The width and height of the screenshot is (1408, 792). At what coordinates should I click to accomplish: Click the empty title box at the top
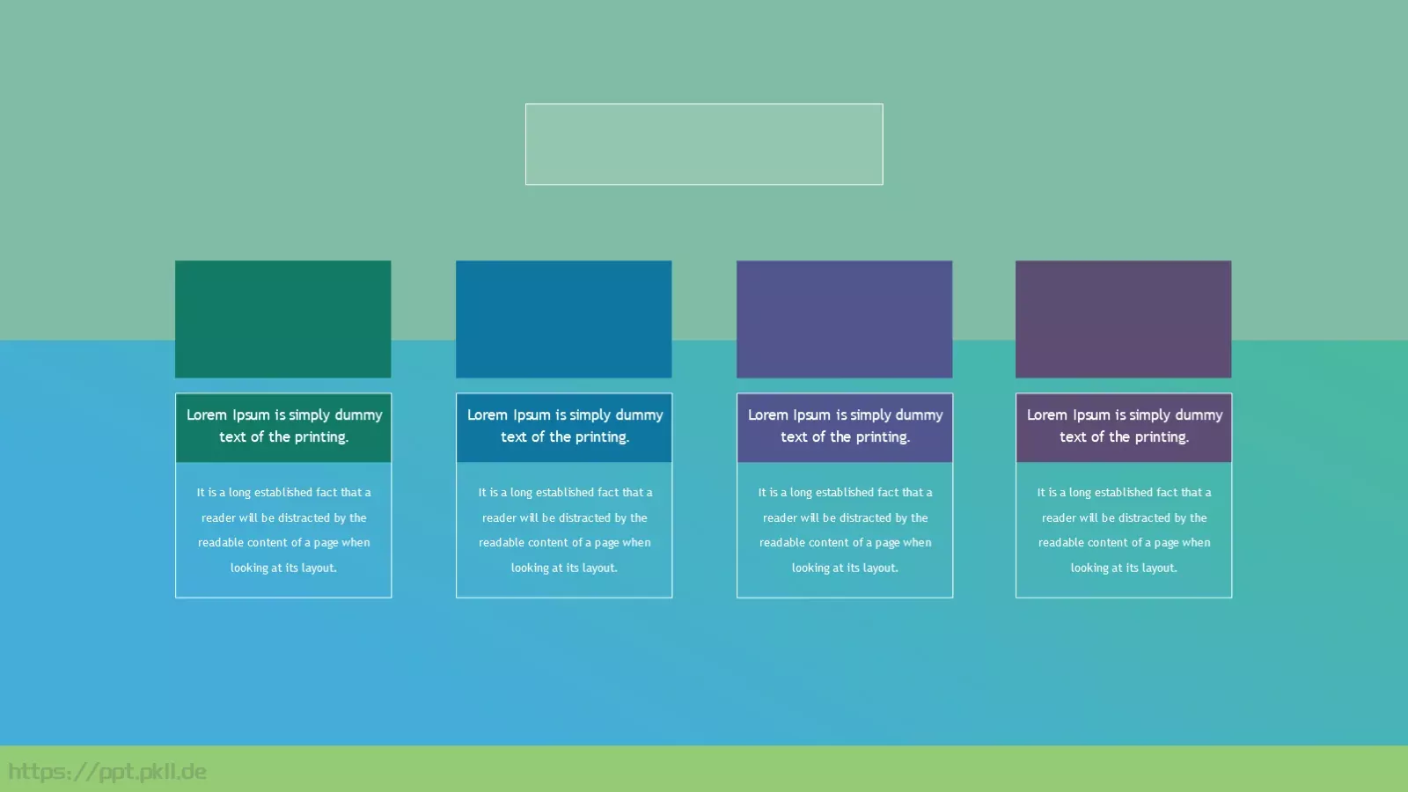(x=704, y=144)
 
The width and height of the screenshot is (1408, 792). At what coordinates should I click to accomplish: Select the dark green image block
(x=282, y=319)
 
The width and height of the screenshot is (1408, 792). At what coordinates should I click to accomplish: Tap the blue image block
(x=564, y=319)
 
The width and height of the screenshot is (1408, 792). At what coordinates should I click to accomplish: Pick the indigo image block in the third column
(x=844, y=319)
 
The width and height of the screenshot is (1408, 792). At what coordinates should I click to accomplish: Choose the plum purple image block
(x=1123, y=319)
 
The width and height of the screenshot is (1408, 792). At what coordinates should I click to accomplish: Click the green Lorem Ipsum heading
(x=284, y=426)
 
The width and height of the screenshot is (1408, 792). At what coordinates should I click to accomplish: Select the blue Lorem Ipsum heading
(x=564, y=426)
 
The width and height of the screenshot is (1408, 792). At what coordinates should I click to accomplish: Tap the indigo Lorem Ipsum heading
(x=845, y=426)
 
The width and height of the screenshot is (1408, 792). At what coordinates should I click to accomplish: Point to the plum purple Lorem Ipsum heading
(x=1125, y=426)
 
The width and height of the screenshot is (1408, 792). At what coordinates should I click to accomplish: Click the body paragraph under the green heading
(x=283, y=530)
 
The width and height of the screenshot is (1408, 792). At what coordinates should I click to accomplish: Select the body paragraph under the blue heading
(x=564, y=530)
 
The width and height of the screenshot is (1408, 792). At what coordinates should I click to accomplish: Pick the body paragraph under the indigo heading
(x=845, y=530)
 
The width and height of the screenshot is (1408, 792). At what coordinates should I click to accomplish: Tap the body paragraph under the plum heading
(x=1124, y=530)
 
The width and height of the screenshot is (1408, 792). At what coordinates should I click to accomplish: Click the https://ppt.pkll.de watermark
(x=106, y=771)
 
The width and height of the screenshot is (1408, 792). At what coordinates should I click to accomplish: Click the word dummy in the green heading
(x=358, y=415)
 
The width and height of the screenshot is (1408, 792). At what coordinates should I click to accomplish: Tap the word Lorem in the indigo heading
(x=767, y=414)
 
